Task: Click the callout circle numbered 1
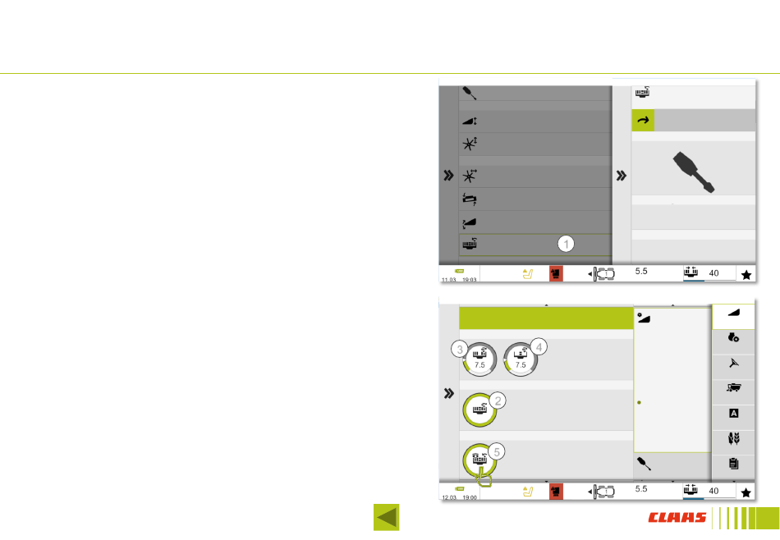(x=566, y=243)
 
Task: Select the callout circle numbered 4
(x=538, y=346)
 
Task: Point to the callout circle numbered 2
(x=498, y=400)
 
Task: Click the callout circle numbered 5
(x=498, y=450)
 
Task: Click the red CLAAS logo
(x=677, y=518)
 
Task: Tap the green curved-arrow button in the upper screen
(x=642, y=121)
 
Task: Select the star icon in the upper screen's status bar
(x=746, y=275)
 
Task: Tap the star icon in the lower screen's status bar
(x=746, y=492)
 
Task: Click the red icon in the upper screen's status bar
(x=556, y=275)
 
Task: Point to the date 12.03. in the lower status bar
(x=449, y=497)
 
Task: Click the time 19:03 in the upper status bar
(x=469, y=280)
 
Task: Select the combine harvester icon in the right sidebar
(x=733, y=388)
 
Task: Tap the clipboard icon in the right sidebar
(x=733, y=464)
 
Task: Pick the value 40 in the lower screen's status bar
(x=714, y=491)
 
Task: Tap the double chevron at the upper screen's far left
(x=448, y=175)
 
